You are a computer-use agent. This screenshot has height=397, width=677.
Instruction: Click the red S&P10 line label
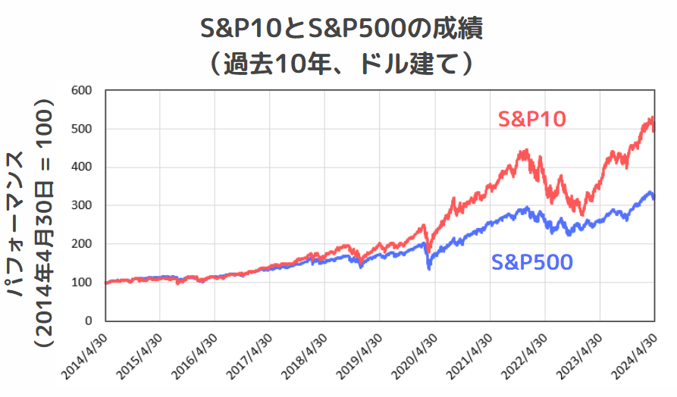click(x=532, y=119)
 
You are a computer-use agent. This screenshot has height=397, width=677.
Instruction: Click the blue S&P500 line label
click(x=531, y=262)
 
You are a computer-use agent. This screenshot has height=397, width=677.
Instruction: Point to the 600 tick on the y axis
click(x=81, y=90)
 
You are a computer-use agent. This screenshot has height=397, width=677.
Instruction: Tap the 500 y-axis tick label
click(x=81, y=129)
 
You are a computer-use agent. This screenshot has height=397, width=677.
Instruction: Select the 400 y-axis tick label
click(x=81, y=167)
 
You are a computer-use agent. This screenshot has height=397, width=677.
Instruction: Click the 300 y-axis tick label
click(x=81, y=206)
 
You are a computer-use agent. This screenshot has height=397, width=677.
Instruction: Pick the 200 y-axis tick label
click(x=81, y=244)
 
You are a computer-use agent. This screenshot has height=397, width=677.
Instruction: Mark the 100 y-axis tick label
click(x=81, y=283)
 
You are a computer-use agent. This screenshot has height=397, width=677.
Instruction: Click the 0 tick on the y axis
click(x=88, y=321)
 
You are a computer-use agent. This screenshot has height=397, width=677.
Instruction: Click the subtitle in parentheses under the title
click(x=339, y=64)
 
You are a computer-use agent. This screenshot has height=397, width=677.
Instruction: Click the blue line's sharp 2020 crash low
click(x=429, y=268)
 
